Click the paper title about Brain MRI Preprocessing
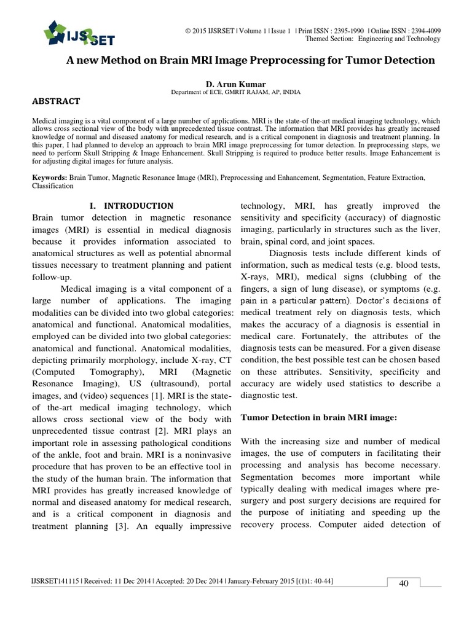tap(250, 60)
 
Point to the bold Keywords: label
tap(50, 177)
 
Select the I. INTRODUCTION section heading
tap(132, 206)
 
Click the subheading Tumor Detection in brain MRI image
tap(319, 417)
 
